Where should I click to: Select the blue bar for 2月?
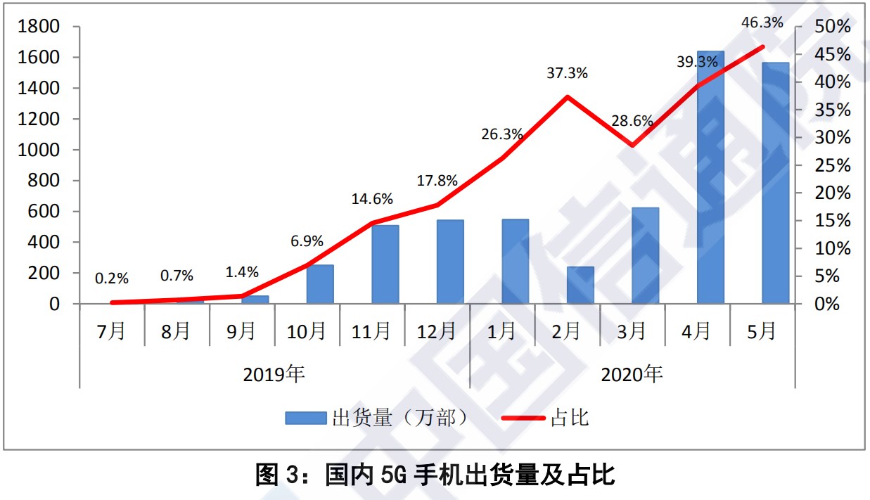(x=580, y=285)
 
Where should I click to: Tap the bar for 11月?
(x=385, y=264)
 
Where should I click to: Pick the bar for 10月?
(x=320, y=284)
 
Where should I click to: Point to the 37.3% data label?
(x=567, y=72)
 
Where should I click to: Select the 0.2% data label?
(x=113, y=278)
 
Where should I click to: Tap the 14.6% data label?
(x=373, y=199)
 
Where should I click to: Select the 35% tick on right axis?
(x=832, y=110)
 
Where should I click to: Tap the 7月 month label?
(x=112, y=331)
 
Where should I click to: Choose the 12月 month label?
(x=437, y=331)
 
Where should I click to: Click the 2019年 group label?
(x=274, y=374)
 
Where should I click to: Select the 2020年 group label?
(x=632, y=374)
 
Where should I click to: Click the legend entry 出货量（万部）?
(x=376, y=418)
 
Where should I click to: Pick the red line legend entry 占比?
(x=545, y=418)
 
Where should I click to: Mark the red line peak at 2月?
(x=567, y=96)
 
